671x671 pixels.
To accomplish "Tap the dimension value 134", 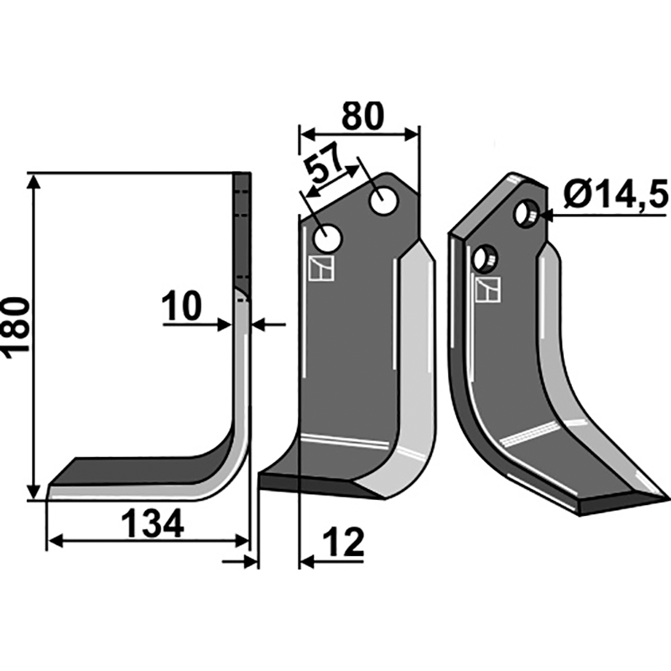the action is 153,523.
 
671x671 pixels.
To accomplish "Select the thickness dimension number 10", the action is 181,305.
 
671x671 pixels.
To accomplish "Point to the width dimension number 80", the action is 363,116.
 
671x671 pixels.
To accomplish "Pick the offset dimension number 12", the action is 343,542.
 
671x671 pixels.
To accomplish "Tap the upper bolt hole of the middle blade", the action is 383,201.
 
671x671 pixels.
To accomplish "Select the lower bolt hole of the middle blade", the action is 328,238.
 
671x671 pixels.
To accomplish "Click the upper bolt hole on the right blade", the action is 527,213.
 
